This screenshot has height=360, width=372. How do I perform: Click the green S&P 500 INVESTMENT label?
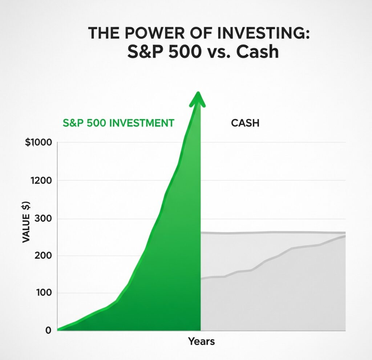[118, 123]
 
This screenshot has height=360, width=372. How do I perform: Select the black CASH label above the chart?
[245, 123]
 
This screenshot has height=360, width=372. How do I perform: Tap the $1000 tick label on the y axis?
[39, 142]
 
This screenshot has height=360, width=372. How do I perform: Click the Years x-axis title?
[201, 341]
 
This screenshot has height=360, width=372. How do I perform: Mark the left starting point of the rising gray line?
[202, 279]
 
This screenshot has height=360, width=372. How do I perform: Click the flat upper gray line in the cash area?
[272, 232]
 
